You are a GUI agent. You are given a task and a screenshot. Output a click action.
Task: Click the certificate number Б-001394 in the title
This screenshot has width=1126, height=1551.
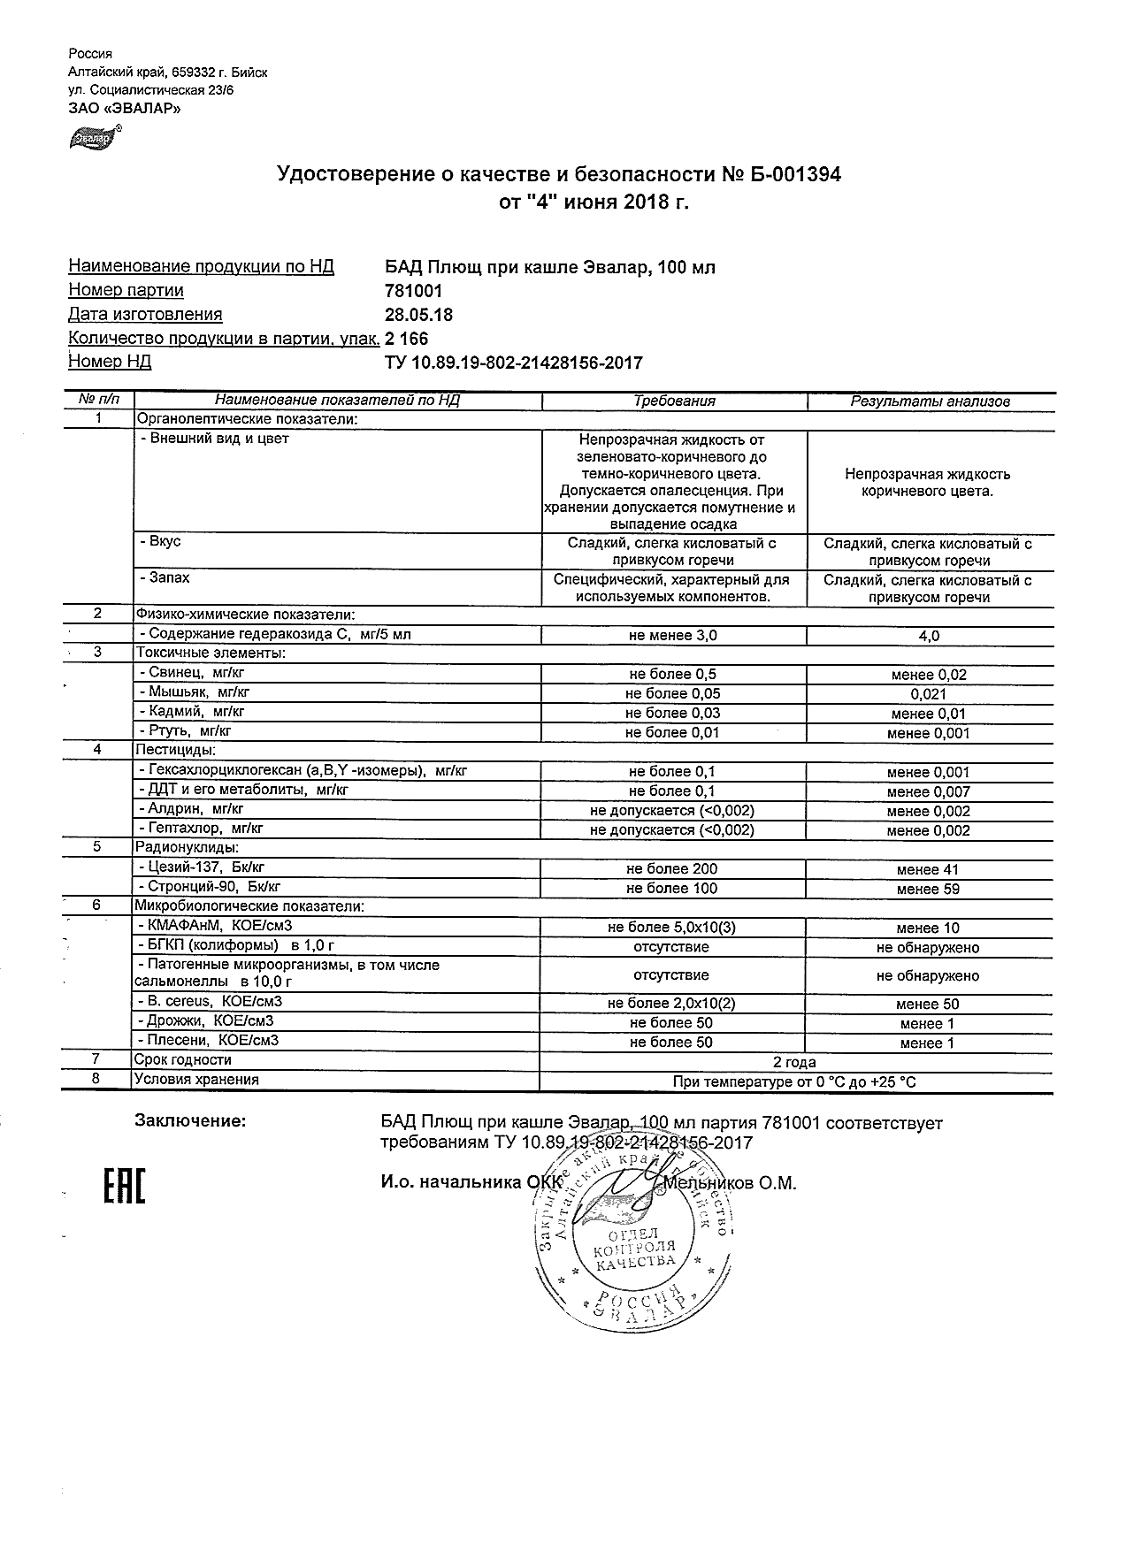click(x=794, y=174)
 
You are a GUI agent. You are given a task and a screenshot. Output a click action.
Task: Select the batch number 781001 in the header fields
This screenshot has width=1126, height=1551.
click(x=413, y=290)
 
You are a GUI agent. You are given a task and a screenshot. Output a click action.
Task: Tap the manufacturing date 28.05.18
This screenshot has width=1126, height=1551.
click(x=419, y=314)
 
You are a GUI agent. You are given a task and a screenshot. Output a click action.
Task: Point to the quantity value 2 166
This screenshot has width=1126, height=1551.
click(x=407, y=339)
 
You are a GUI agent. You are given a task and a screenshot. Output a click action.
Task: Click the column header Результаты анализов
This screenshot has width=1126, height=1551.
click(x=930, y=401)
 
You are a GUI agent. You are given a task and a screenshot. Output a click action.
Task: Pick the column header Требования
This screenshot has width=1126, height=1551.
click(x=674, y=401)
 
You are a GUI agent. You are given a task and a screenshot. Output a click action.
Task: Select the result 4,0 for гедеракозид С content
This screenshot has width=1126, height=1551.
click(x=929, y=636)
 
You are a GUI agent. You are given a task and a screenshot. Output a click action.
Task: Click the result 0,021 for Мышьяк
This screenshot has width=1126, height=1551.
click(x=929, y=694)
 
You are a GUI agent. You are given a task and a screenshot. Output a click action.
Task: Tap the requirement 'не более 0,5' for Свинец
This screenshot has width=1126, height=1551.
click(x=671, y=675)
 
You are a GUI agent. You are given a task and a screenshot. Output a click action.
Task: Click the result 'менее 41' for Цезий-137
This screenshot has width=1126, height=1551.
click(x=928, y=870)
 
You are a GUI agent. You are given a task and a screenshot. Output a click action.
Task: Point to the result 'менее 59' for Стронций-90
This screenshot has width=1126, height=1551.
click(x=928, y=890)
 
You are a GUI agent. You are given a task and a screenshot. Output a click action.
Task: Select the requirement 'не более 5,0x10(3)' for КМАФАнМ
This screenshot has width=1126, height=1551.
click(x=671, y=928)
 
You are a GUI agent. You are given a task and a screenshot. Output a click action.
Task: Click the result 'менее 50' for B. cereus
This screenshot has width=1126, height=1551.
click(x=928, y=1005)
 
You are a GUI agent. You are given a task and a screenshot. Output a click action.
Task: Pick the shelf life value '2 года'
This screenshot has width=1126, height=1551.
click(x=794, y=1062)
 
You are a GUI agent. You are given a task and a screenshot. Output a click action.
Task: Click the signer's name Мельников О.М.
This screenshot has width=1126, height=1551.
click(x=731, y=1183)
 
